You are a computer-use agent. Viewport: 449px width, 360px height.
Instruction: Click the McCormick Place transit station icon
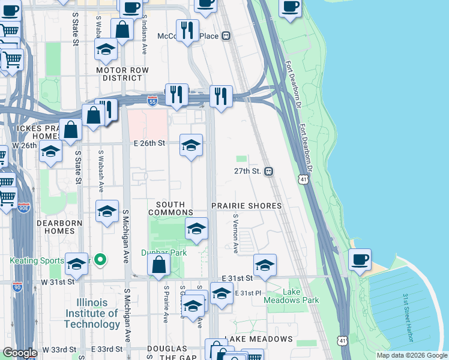[x=226, y=36]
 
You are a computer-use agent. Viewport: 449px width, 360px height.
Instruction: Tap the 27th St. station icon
[x=269, y=171]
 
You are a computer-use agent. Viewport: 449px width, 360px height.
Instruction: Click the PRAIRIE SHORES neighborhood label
[x=246, y=206]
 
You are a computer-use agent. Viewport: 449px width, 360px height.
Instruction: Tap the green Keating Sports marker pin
[x=100, y=260]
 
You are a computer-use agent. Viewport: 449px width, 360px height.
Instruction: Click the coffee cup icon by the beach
[x=360, y=260]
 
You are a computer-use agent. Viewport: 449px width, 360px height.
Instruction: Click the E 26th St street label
[x=149, y=143]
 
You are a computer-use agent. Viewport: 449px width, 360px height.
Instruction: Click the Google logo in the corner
[x=19, y=353]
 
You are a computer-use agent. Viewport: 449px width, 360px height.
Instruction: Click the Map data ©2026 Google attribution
[x=412, y=355]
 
